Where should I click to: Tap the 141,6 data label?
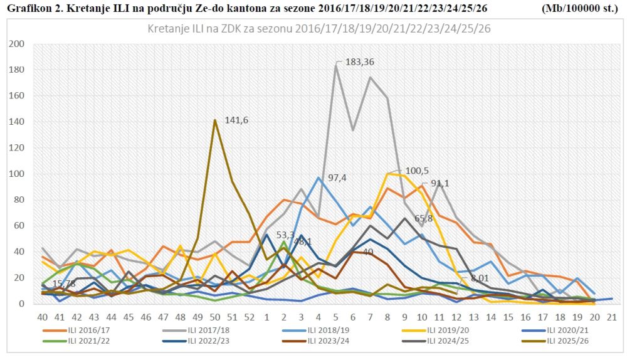(x=236, y=120)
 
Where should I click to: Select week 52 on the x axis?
(x=250, y=317)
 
